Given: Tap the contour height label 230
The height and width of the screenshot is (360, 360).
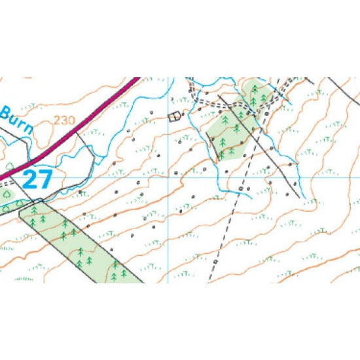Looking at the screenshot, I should click(x=65, y=120).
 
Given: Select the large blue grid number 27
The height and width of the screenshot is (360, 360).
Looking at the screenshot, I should click(x=37, y=179).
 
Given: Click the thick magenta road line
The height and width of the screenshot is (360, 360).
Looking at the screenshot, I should click(x=79, y=128).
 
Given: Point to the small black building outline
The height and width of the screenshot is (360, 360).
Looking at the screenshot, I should click(x=174, y=117).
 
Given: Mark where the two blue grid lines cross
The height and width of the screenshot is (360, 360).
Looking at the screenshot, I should click(x=169, y=177).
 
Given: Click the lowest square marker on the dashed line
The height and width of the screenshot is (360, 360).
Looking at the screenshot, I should click(x=216, y=261).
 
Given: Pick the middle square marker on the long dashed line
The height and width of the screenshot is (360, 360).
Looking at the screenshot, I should click(x=240, y=189).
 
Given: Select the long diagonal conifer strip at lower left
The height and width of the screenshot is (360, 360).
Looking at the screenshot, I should click(x=79, y=242).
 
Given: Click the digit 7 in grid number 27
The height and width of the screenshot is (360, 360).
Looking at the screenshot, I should click(x=46, y=179).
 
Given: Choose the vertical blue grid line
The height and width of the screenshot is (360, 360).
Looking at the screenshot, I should click(x=169, y=229).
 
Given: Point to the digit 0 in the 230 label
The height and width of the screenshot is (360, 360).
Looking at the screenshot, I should click(x=71, y=120).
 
